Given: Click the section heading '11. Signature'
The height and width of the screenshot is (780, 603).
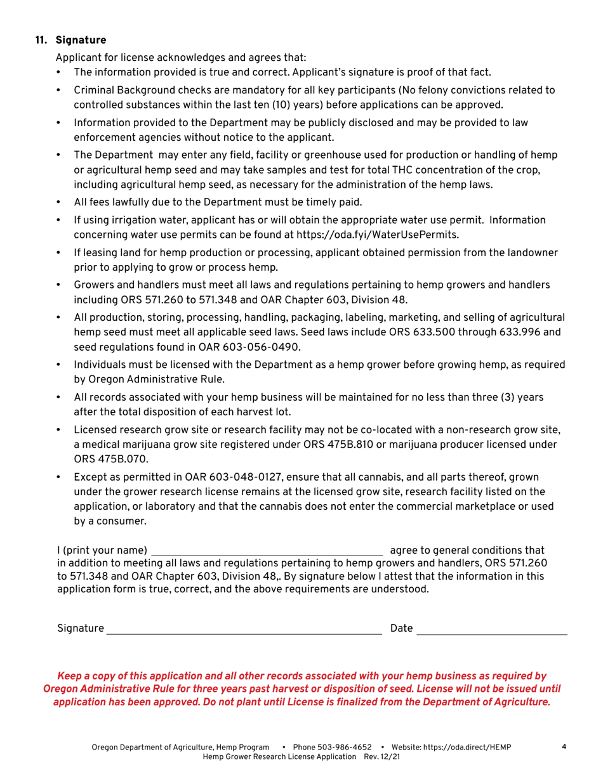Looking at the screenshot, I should [x=70, y=41].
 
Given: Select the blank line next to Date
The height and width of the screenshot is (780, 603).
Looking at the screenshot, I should [x=492, y=629].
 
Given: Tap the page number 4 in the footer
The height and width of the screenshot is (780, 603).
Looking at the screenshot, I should [x=564, y=746].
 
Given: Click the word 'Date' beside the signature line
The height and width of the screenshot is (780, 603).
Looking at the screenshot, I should [x=402, y=628].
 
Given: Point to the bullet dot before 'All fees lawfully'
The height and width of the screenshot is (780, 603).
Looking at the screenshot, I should [x=58, y=202].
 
